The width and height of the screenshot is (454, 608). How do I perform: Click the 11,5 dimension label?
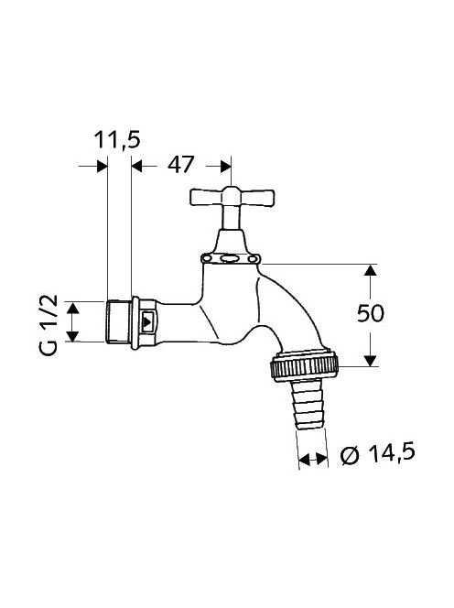[x=117, y=140]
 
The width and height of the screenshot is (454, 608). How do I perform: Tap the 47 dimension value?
[x=180, y=165]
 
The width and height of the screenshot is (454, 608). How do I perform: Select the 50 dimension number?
[x=371, y=313]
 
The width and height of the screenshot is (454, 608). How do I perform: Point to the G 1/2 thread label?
[x=49, y=325]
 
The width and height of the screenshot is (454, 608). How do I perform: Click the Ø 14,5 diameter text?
[x=378, y=453]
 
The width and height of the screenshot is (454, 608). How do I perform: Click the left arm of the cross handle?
[x=205, y=198]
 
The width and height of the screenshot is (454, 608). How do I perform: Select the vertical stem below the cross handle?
[x=232, y=218]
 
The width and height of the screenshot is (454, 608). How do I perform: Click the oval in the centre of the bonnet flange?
[x=231, y=258]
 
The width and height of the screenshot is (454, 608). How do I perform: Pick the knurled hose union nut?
[x=305, y=365]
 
